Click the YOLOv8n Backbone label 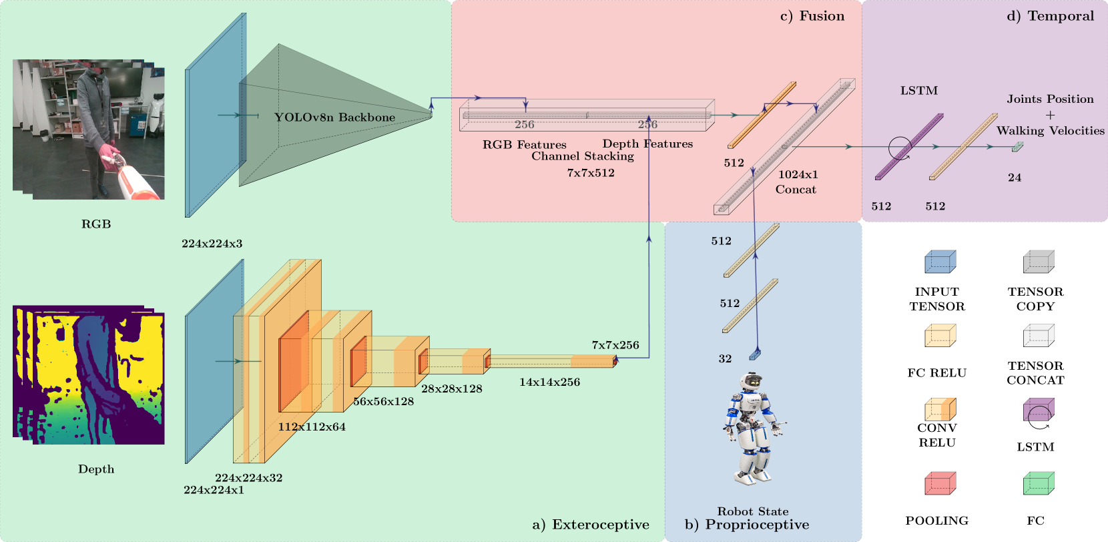pyautogui.click(x=334, y=117)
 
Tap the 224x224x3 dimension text pyautogui.click(x=212, y=244)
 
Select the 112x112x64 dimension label pyautogui.click(x=312, y=427)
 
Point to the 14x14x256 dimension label pyautogui.click(x=549, y=382)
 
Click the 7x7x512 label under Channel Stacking pyautogui.click(x=591, y=173)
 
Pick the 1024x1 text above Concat pyautogui.click(x=798, y=174)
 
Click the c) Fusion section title pyautogui.click(x=812, y=16)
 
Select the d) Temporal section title pyautogui.click(x=1050, y=16)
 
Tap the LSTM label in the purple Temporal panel pyautogui.click(x=918, y=91)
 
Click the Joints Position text pyautogui.click(x=1050, y=99)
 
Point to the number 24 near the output pyautogui.click(x=1015, y=178)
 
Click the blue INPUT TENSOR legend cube pyautogui.click(x=940, y=262)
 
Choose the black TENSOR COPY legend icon pyautogui.click(x=1039, y=262)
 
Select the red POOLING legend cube pyautogui.click(x=940, y=483)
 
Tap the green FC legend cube pyautogui.click(x=1039, y=483)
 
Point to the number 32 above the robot pyautogui.click(x=725, y=358)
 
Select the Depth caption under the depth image pyautogui.click(x=96, y=469)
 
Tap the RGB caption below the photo pyautogui.click(x=96, y=224)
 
